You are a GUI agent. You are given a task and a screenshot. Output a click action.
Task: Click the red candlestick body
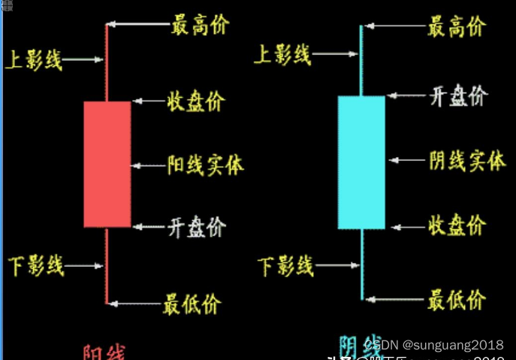point(107,164)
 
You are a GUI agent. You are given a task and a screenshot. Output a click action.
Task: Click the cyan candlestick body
point(361,162)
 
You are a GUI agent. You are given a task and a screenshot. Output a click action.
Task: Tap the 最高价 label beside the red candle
point(200,25)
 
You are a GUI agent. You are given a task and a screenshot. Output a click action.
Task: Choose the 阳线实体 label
point(205,164)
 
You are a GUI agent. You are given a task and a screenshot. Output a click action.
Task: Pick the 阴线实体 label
point(467,160)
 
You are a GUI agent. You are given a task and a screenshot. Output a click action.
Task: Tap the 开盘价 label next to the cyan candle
point(458,96)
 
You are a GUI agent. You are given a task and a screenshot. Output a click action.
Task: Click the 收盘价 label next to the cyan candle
point(457,224)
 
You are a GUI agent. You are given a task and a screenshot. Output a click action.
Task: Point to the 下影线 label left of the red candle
point(36,265)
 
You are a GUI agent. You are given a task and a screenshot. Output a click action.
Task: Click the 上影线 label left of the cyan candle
point(283,54)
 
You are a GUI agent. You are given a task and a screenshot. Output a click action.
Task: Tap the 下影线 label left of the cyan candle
point(285,265)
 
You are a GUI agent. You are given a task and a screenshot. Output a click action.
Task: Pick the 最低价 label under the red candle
point(192,304)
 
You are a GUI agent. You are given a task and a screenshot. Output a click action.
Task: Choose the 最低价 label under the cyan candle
point(456,300)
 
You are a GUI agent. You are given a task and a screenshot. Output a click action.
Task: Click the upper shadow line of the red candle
point(107,64)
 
